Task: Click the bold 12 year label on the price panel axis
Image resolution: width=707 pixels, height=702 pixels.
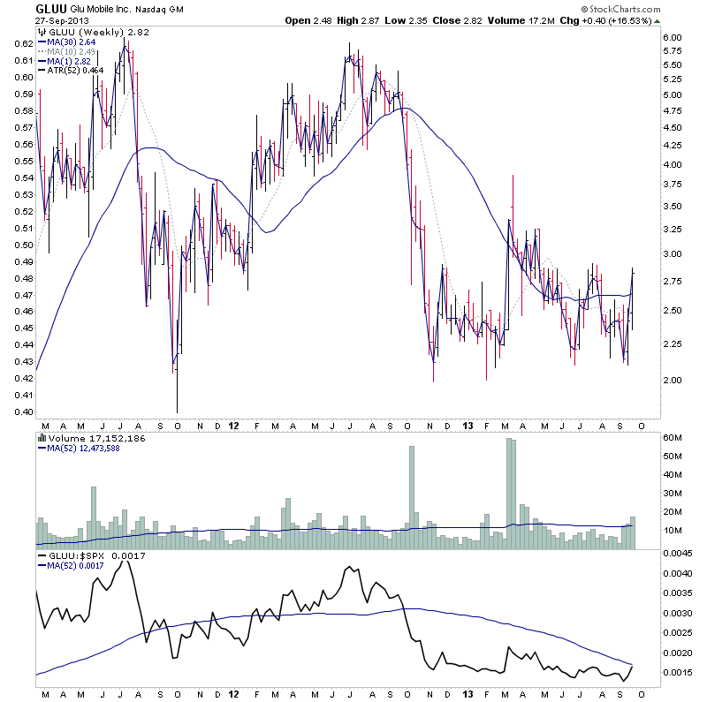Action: coord(233,425)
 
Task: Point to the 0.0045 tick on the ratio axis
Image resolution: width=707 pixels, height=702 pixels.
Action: coord(680,554)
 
